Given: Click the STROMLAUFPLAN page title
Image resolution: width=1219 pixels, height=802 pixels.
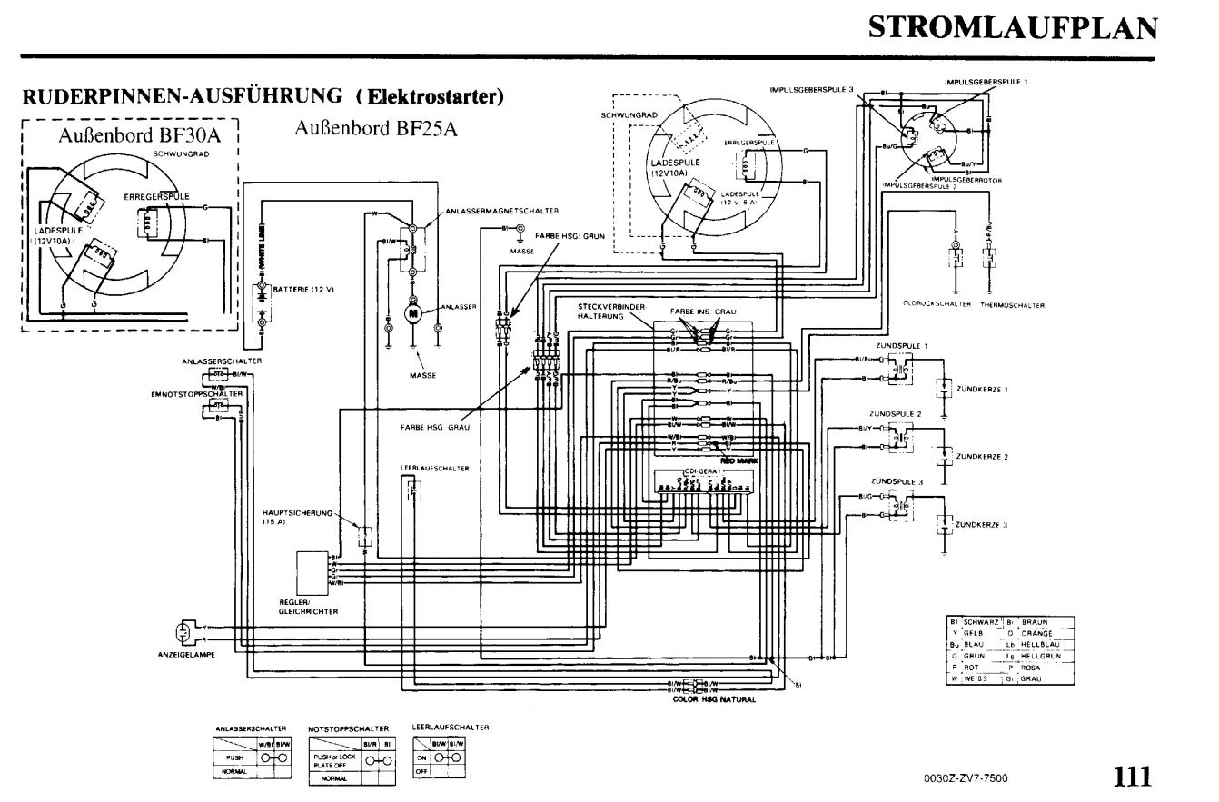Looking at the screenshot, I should [x=1013, y=28].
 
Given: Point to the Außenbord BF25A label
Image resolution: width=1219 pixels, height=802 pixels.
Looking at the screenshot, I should [x=376, y=128].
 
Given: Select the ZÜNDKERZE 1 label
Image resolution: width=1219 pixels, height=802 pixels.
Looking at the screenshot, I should [x=983, y=389].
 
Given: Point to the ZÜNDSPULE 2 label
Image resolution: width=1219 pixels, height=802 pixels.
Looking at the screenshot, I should [x=896, y=413].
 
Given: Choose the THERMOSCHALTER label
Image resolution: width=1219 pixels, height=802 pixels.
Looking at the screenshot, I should [x=1012, y=305].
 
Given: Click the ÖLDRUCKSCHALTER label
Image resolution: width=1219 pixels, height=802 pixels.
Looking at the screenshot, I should [x=936, y=305].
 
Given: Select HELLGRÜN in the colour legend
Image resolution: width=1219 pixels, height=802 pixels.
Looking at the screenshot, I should [x=1041, y=655].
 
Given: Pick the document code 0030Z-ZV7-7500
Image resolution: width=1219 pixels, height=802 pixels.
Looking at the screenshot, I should [x=965, y=778].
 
